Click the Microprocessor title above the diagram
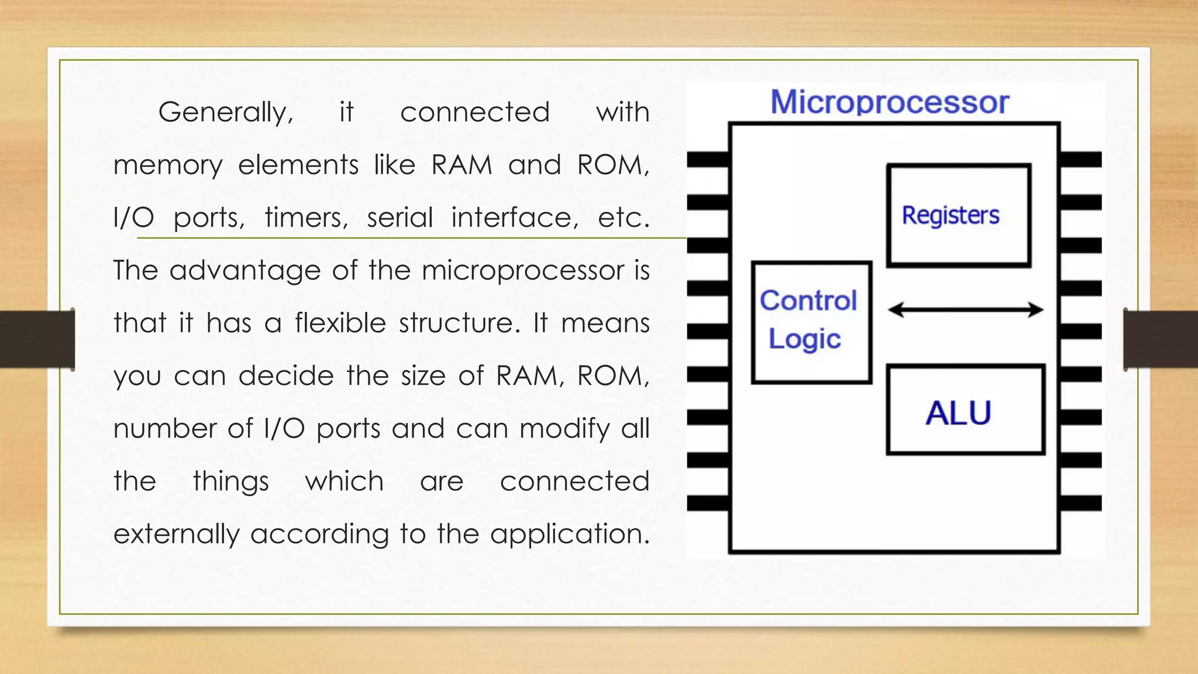pos(889,102)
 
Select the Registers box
pos(958,215)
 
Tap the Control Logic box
pos(811,322)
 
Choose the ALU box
pos(965,410)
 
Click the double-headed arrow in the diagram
pos(965,310)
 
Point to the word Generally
pos(226,112)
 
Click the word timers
pos(306,218)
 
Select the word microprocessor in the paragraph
pos(523,271)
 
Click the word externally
pos(176,534)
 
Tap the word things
pos(230,482)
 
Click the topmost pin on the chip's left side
pos(708,159)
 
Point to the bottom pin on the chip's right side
pos(1080,503)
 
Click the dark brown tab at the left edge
pos(37,339)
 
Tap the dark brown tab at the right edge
pos(1161,339)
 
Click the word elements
pos(298,165)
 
